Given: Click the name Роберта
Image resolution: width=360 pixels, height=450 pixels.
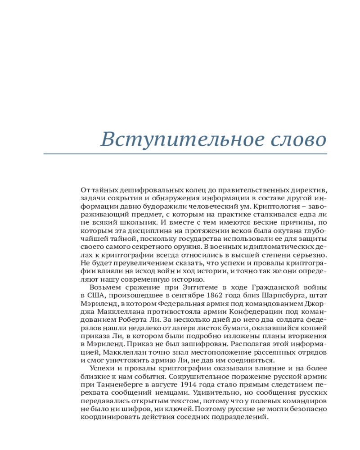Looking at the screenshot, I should [124, 319].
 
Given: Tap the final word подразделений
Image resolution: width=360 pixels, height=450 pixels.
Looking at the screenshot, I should [236, 417].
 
